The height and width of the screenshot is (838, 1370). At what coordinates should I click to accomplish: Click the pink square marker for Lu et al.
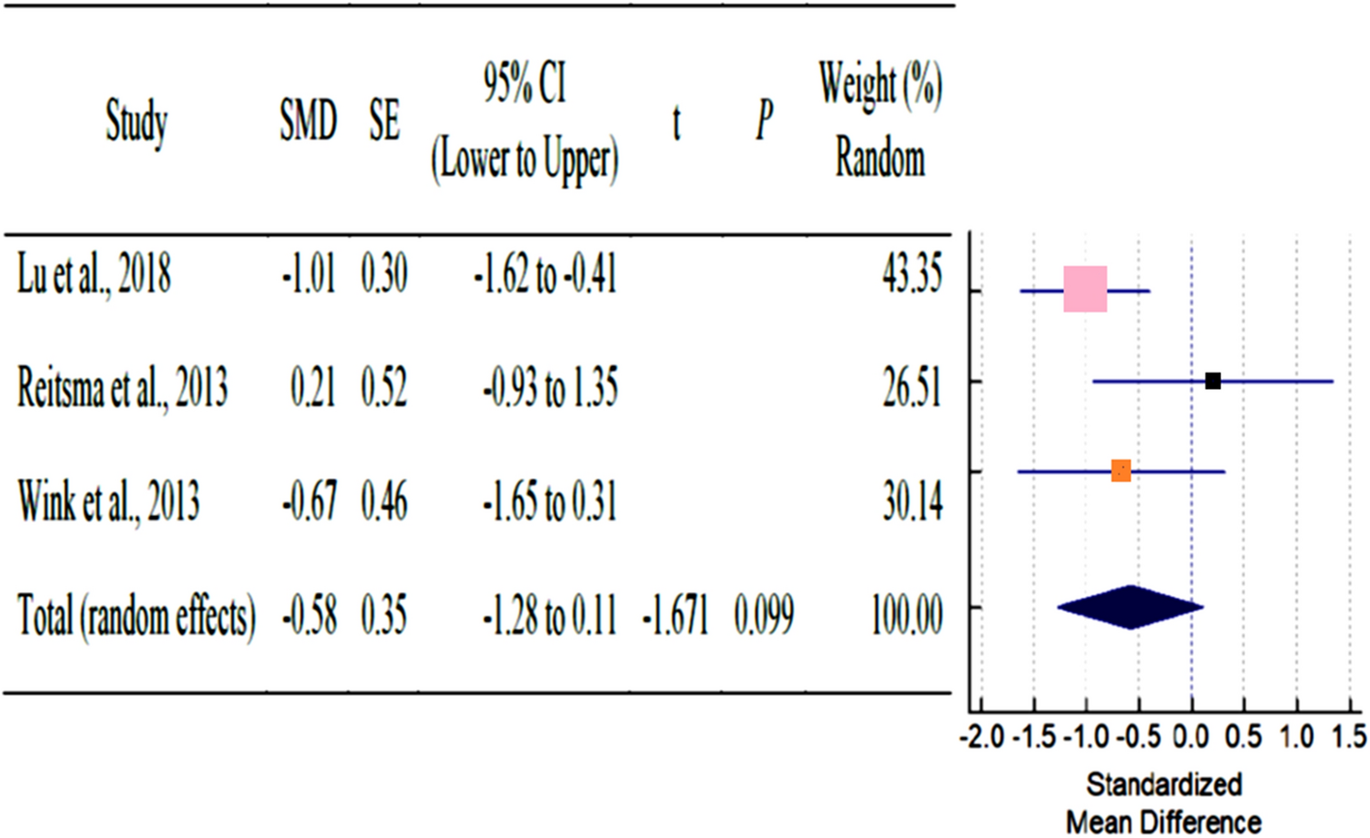tap(1084, 288)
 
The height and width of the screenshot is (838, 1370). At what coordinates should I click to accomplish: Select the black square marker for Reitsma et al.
tap(1212, 381)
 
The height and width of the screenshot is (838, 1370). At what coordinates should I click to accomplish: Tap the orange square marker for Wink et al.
tap(1120, 471)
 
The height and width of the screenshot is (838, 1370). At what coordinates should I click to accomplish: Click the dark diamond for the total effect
tap(1130, 608)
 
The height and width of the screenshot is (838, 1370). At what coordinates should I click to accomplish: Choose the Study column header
tap(137, 124)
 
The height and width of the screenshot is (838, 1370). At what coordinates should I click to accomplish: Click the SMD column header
tap(308, 124)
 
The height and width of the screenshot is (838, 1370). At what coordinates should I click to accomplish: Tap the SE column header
tap(384, 124)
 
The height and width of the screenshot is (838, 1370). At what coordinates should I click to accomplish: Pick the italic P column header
tap(764, 124)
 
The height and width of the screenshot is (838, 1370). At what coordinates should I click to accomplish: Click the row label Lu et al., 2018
tap(94, 277)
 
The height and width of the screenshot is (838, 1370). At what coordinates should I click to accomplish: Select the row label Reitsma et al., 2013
tap(122, 389)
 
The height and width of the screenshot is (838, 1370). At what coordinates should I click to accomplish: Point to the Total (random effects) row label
tap(137, 616)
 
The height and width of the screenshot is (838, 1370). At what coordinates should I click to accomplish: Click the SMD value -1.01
tap(308, 277)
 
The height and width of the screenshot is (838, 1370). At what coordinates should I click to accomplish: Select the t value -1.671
tap(675, 616)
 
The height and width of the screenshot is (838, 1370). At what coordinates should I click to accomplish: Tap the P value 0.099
tap(764, 616)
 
